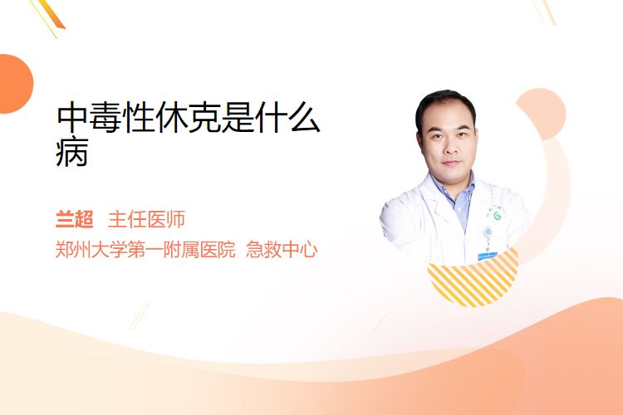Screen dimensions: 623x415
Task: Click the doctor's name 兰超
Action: click(x=74, y=220)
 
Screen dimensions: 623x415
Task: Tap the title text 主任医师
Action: click(x=146, y=220)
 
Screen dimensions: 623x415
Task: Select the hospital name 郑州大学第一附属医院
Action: click(x=145, y=250)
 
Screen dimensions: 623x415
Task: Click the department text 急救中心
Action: click(x=282, y=250)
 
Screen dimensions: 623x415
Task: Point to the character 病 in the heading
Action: click(x=72, y=152)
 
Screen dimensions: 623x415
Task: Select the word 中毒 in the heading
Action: click(x=89, y=118)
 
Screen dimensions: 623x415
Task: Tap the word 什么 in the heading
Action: click(x=287, y=118)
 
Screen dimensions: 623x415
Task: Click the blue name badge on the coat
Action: click(x=488, y=256)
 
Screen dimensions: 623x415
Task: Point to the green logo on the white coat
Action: click(x=497, y=216)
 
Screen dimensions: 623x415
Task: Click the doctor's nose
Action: click(x=450, y=149)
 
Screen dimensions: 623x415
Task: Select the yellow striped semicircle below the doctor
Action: click(x=473, y=278)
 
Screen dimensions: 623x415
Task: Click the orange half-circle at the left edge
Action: click(x=15, y=84)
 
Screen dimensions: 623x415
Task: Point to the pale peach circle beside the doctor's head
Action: click(x=543, y=113)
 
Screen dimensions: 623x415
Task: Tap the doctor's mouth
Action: click(x=451, y=164)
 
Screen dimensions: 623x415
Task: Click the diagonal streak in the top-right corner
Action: click(x=545, y=12)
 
